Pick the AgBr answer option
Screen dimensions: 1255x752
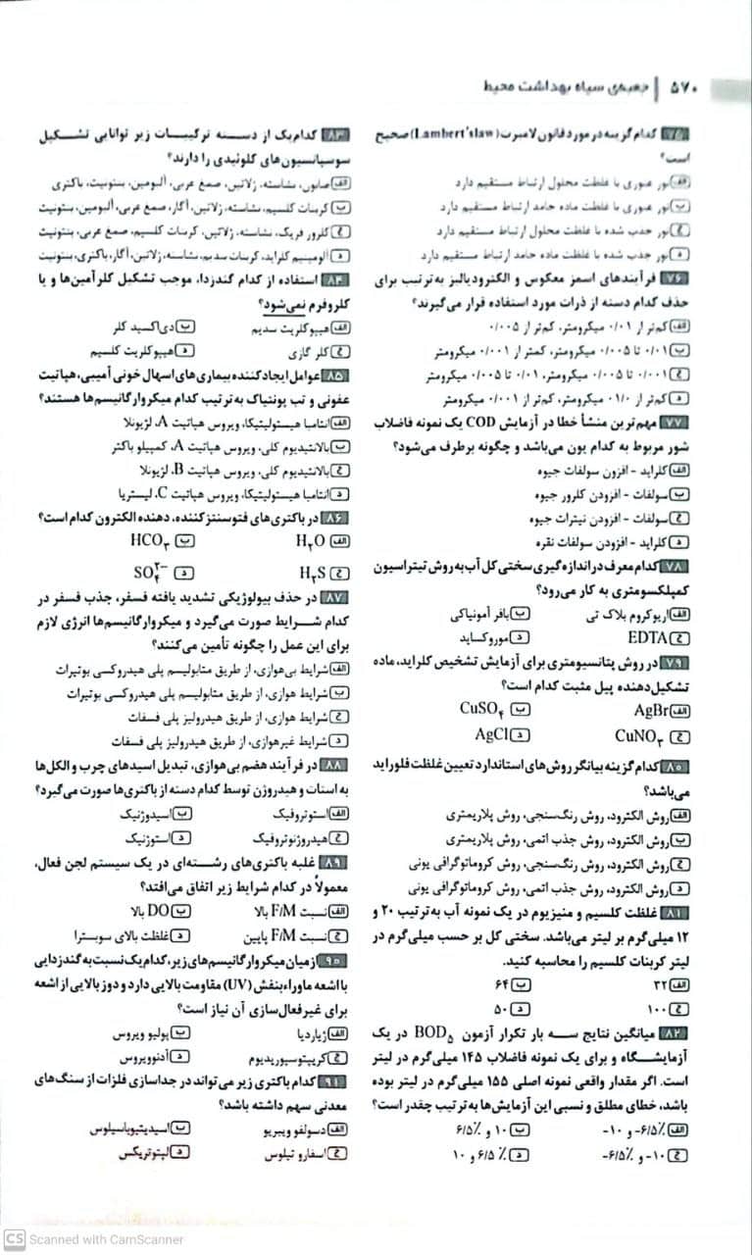tap(650, 710)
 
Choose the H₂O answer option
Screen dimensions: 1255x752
tap(310, 539)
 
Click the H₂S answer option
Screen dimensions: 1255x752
tap(310, 572)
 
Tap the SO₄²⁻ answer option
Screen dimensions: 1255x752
tap(149, 571)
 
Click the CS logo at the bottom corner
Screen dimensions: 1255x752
tap(14, 1238)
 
